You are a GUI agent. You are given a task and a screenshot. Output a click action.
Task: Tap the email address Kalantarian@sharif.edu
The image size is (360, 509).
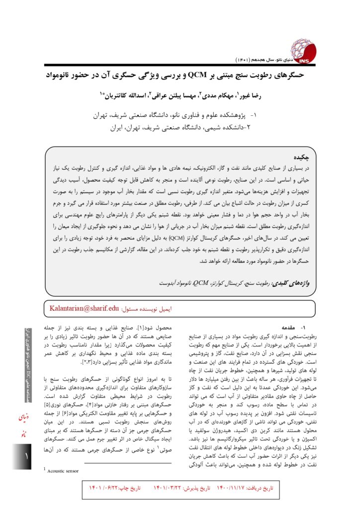click(x=85, y=308)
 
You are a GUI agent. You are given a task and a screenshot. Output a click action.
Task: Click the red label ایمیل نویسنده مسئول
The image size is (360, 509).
click(x=149, y=309)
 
